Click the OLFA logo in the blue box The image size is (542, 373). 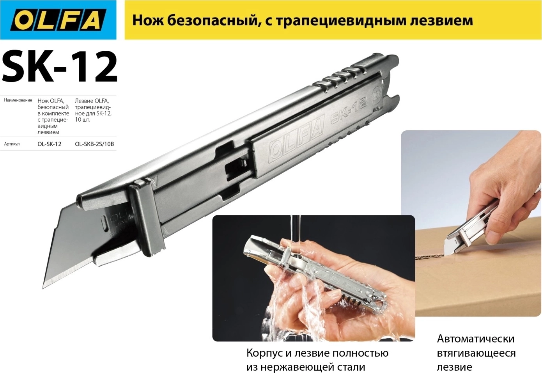58,20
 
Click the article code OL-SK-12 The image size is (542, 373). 50,144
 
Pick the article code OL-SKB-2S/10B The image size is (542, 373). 94,144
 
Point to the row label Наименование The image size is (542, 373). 18,100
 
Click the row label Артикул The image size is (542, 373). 12,144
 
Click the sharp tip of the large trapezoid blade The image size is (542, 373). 43,288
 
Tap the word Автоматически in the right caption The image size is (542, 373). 476,339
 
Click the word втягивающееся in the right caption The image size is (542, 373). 476,353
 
